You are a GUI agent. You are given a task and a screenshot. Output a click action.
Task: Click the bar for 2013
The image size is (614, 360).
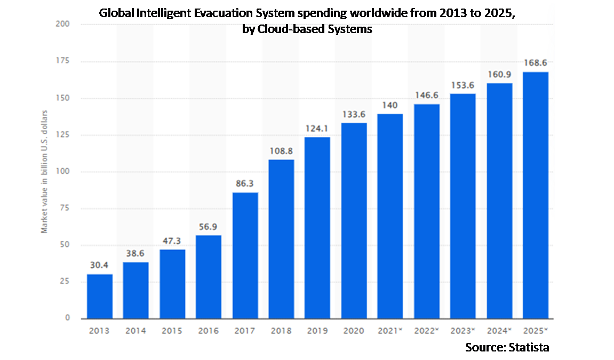(x=100, y=297)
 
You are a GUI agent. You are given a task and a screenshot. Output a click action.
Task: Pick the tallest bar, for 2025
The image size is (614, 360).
(x=535, y=195)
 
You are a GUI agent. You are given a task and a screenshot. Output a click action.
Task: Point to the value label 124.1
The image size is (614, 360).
(x=317, y=129)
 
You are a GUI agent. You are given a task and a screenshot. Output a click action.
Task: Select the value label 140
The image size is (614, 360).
(x=390, y=106)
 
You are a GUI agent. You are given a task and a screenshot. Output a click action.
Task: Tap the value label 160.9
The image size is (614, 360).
(x=499, y=75)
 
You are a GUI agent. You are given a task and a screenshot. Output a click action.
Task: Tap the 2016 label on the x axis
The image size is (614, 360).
(x=209, y=331)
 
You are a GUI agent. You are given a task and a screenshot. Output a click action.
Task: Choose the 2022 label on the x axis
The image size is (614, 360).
(x=426, y=331)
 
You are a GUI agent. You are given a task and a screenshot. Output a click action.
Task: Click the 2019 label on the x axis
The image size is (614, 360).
(x=317, y=331)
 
